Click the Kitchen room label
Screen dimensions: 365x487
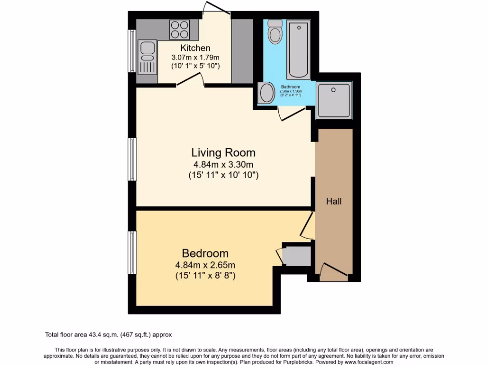click(x=195, y=48)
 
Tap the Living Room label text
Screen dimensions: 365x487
click(x=223, y=153)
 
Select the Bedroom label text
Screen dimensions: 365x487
click(x=205, y=253)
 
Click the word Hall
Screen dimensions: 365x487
click(x=333, y=202)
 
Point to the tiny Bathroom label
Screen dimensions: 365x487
click(x=290, y=87)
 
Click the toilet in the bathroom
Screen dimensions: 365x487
click(x=274, y=31)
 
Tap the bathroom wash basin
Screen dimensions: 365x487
click(x=266, y=93)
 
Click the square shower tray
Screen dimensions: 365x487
click(x=334, y=100)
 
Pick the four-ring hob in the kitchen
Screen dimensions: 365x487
click(x=179, y=29)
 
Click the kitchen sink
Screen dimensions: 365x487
click(x=147, y=57)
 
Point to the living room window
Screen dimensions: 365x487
click(x=133, y=159)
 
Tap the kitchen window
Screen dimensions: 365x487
click(x=132, y=51)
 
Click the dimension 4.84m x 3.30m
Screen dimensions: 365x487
click(x=223, y=164)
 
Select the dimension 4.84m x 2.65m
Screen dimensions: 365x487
click(x=205, y=265)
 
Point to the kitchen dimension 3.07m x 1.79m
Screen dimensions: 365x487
click(x=195, y=57)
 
